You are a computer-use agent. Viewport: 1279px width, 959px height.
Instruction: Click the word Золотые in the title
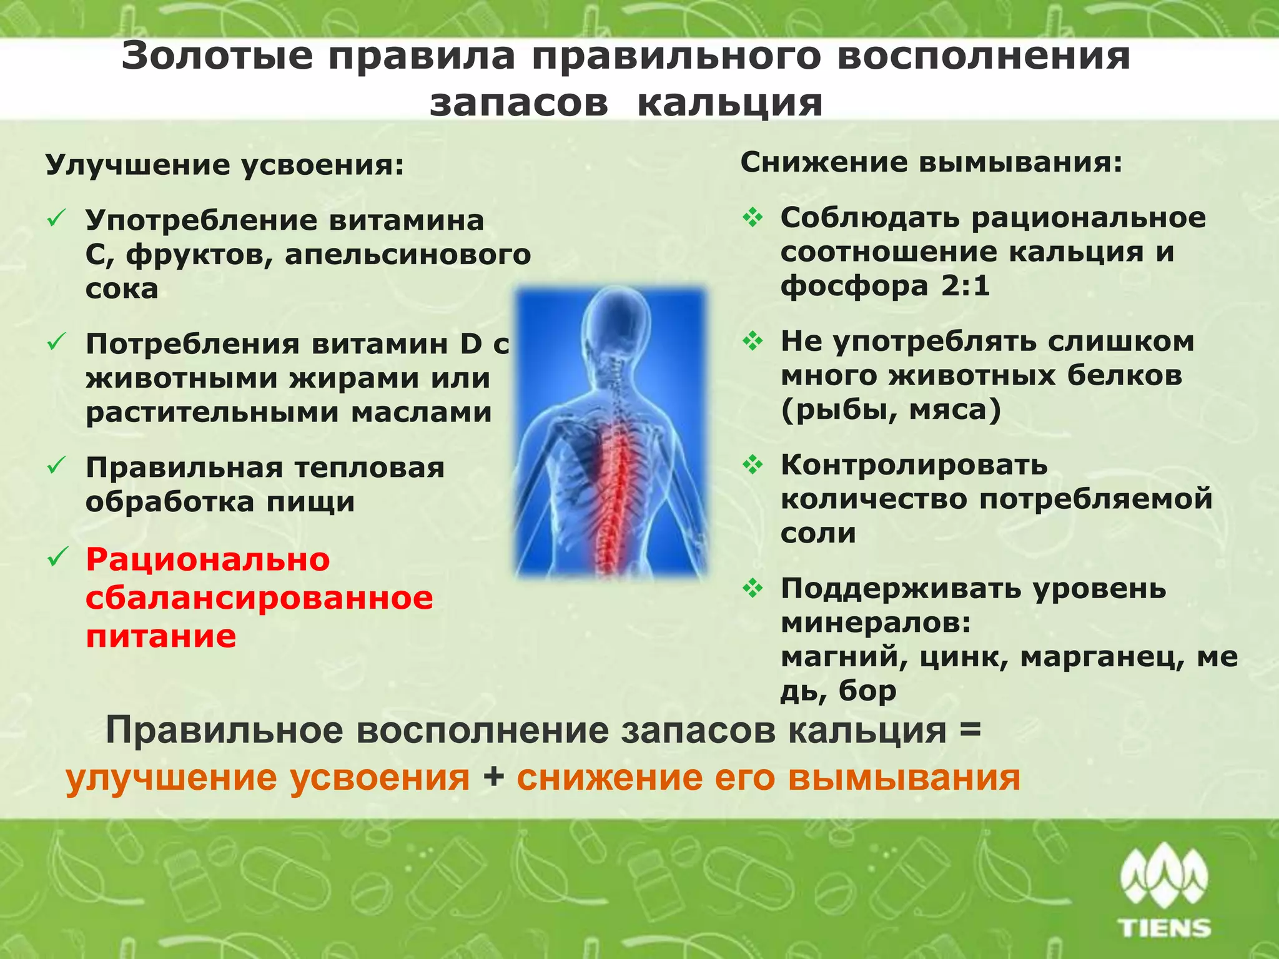click(217, 56)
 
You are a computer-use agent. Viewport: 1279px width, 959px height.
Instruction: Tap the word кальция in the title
click(729, 103)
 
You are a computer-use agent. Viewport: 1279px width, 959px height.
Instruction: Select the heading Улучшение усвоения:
click(225, 165)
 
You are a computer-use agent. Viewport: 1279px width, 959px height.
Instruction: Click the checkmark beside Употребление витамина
click(57, 220)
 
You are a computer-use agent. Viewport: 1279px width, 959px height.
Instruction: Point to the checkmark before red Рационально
click(57, 557)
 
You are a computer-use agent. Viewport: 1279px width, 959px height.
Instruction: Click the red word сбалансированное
click(259, 598)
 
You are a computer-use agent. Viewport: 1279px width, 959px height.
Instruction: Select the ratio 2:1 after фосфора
click(965, 286)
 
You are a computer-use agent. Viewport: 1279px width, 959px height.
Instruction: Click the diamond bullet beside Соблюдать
click(753, 218)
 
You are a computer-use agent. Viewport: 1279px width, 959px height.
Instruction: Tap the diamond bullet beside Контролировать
click(753, 465)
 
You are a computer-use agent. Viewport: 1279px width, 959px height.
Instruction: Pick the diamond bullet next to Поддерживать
click(753, 588)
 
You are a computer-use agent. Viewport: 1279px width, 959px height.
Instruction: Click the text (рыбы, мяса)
click(891, 410)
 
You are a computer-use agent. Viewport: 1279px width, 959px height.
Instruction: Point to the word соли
click(817, 533)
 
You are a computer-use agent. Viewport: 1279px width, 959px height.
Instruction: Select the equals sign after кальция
click(970, 730)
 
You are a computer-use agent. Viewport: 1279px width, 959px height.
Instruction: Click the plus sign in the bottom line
click(493, 778)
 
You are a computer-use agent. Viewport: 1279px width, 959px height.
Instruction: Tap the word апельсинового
click(408, 255)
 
